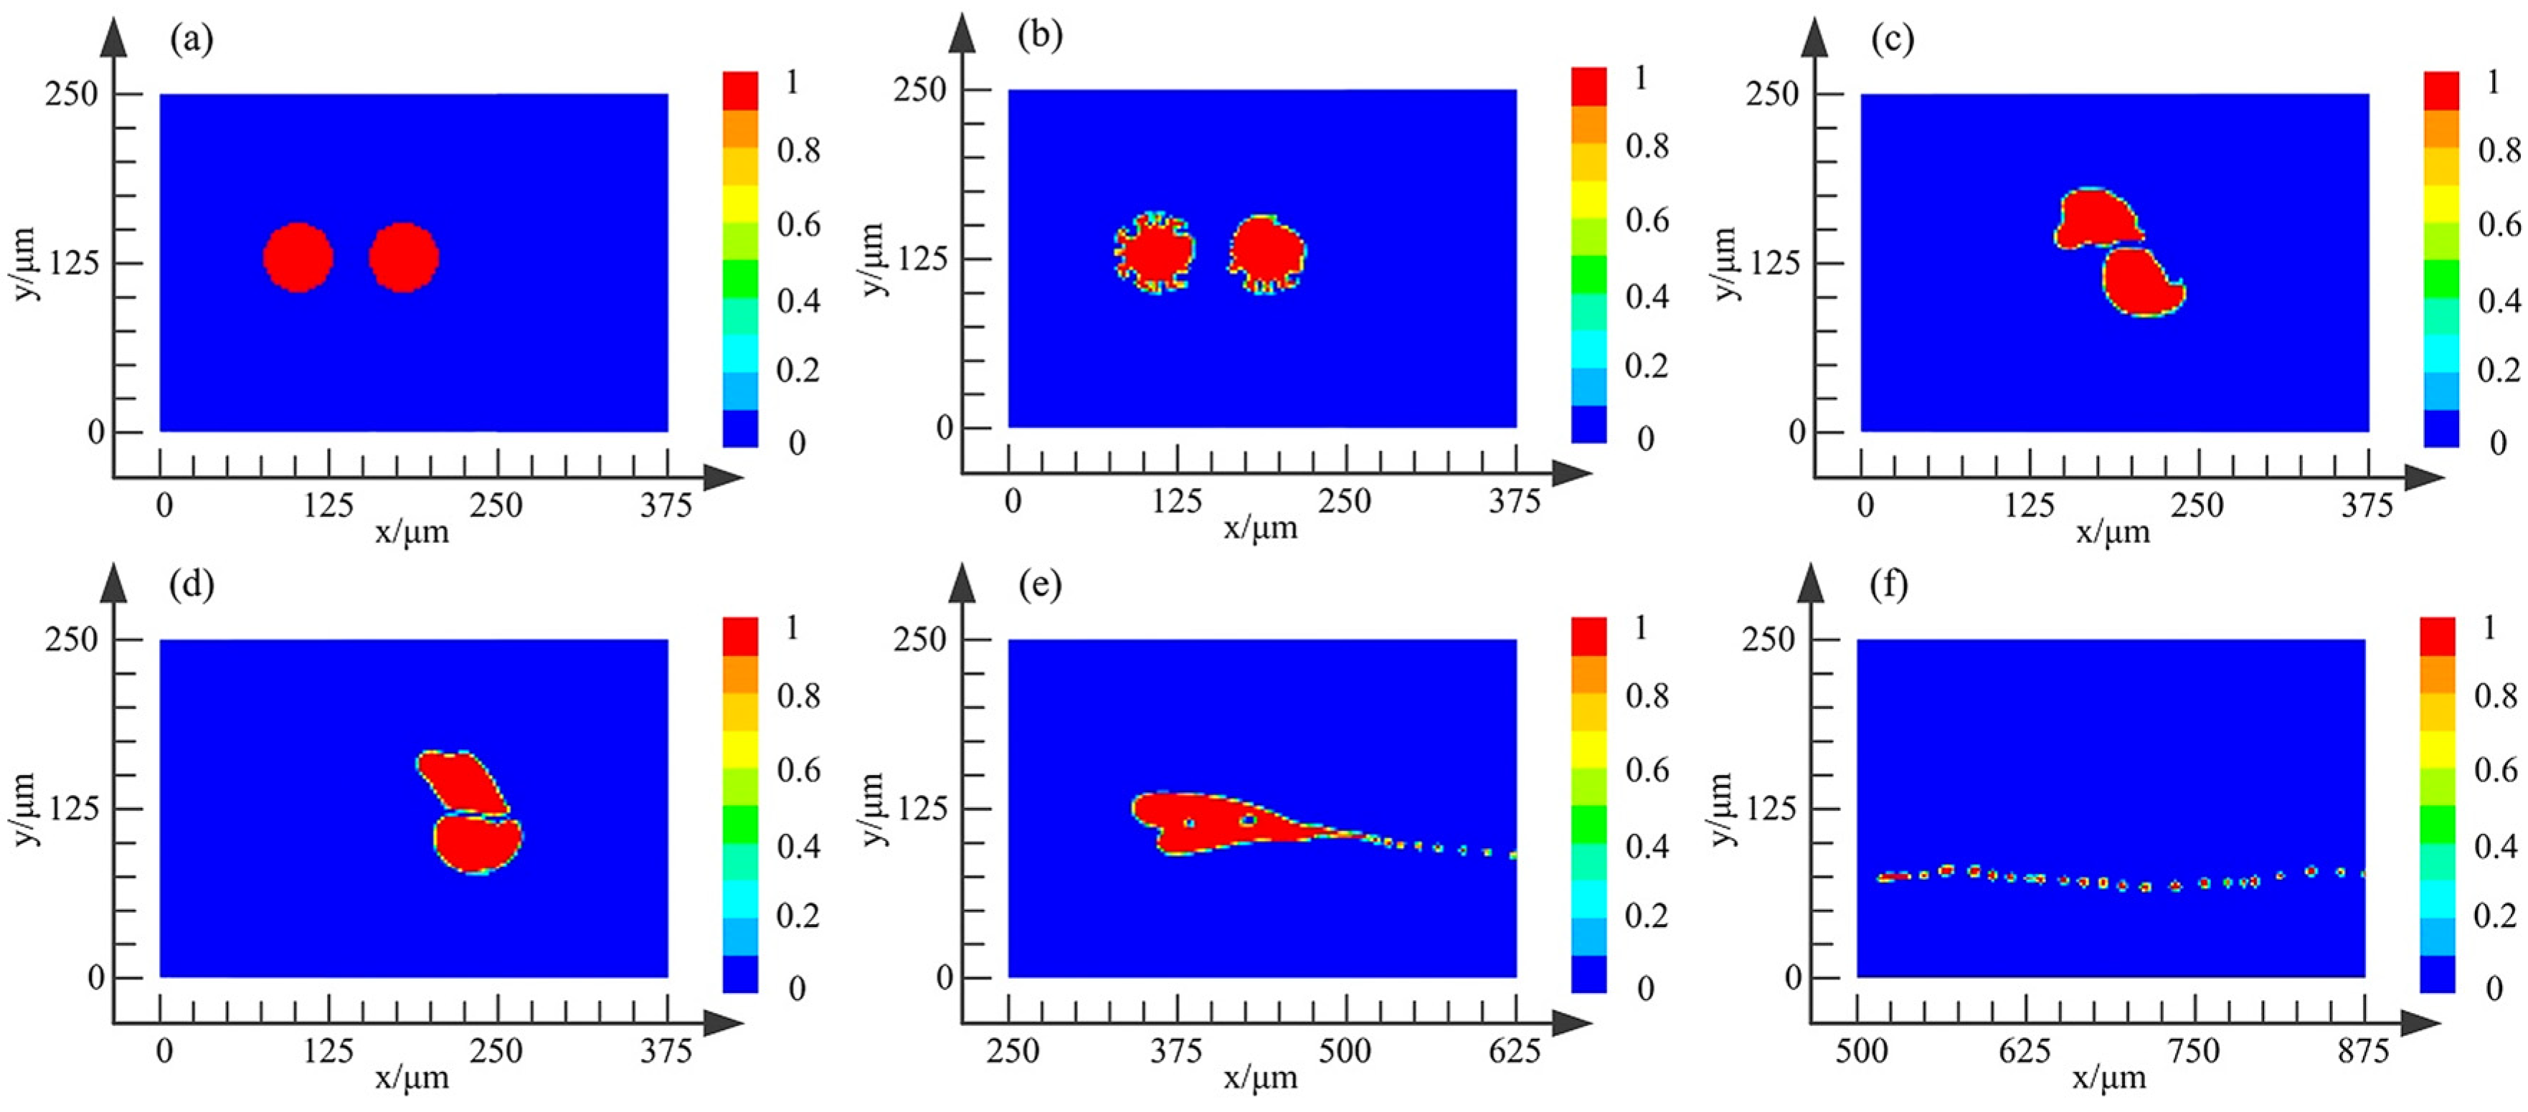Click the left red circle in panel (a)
click(298, 257)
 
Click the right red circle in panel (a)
click(403, 257)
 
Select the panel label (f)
click(1888, 585)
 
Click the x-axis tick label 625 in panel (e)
click(1513, 1051)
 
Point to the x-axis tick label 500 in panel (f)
click(1860, 1051)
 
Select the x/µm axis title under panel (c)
click(2112, 532)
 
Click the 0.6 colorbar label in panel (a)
click(799, 224)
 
